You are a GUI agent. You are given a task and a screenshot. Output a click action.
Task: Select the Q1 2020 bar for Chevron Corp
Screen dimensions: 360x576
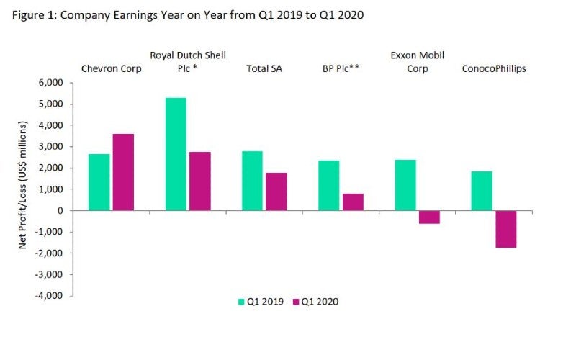[x=123, y=172]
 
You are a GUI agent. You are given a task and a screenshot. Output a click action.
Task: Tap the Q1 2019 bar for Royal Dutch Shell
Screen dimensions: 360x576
[x=176, y=154]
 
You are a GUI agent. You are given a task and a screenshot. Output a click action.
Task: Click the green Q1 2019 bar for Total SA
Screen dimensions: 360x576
[x=252, y=181]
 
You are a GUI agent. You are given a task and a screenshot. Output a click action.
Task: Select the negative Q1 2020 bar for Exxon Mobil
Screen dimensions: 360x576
[x=429, y=217]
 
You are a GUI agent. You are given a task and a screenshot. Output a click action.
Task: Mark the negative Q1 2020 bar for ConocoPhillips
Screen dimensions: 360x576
[x=505, y=229]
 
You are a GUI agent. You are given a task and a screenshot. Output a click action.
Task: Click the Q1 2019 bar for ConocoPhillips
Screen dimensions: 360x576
[x=482, y=191]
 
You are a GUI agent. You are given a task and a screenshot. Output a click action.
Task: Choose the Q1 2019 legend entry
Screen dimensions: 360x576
[x=257, y=302]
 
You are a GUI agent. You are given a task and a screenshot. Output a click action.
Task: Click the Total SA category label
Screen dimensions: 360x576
[x=263, y=69]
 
